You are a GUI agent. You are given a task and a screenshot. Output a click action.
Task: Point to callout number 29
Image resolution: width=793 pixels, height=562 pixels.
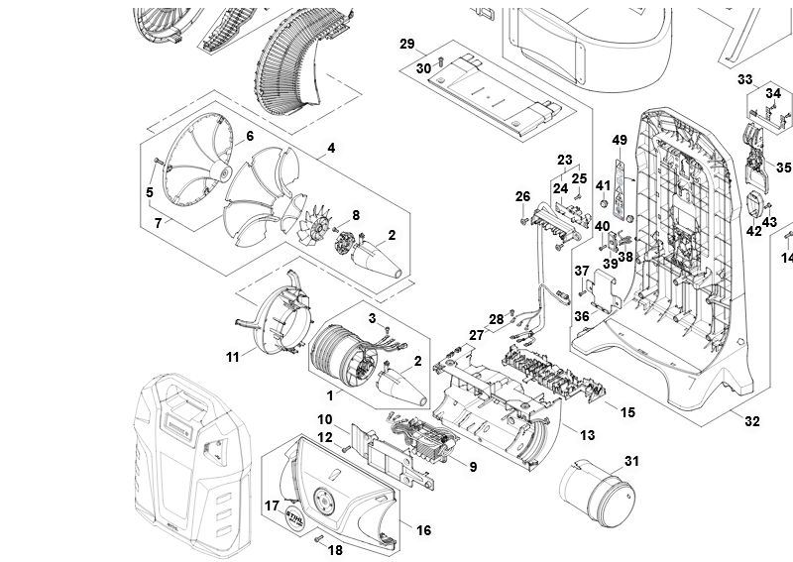tap(406, 45)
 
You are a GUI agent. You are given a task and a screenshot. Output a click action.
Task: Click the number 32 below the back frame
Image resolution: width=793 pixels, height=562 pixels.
tap(752, 421)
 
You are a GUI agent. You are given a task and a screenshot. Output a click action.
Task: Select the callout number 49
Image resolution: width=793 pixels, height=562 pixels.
tap(620, 140)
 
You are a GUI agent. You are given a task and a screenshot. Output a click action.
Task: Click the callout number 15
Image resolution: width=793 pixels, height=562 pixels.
tap(626, 411)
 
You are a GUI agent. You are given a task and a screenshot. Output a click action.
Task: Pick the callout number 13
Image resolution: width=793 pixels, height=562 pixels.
tap(587, 435)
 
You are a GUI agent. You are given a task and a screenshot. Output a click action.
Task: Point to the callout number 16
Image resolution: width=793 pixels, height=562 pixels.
tap(423, 531)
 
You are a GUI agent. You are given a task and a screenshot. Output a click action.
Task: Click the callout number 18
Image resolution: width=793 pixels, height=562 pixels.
tap(335, 549)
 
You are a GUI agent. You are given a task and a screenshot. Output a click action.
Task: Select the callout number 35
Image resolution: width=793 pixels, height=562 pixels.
tap(783, 168)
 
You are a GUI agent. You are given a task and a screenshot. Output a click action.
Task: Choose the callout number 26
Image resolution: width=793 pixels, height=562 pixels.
tap(522, 196)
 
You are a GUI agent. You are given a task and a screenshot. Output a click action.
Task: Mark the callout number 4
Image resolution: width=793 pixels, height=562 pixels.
tap(331, 149)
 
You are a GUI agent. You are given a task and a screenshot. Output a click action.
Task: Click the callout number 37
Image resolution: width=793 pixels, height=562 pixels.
tap(582, 271)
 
